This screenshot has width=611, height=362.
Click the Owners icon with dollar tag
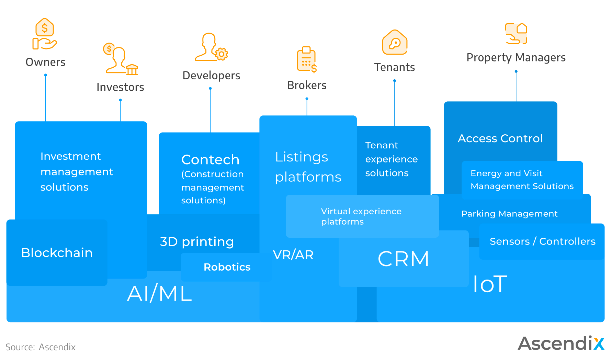[45, 34]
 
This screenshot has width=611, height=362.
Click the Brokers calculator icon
[306, 60]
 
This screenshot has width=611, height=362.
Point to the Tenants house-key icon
[395, 43]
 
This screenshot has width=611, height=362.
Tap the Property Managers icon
[516, 34]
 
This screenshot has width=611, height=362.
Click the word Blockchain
[57, 253]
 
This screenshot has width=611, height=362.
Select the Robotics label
[227, 267]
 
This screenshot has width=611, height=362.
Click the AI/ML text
[159, 294]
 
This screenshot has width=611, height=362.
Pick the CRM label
[404, 259]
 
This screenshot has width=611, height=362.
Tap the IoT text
[490, 284]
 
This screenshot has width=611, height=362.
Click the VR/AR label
[293, 255]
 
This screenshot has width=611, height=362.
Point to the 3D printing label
[197, 242]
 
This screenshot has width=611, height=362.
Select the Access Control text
[500, 138]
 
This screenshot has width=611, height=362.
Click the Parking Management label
[509, 214]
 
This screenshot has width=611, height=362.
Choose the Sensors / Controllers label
[542, 241]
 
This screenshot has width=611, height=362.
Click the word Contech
[210, 160]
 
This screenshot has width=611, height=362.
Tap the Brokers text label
[307, 85]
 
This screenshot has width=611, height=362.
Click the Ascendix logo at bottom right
[561, 343]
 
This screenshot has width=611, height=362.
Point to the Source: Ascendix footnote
[41, 347]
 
